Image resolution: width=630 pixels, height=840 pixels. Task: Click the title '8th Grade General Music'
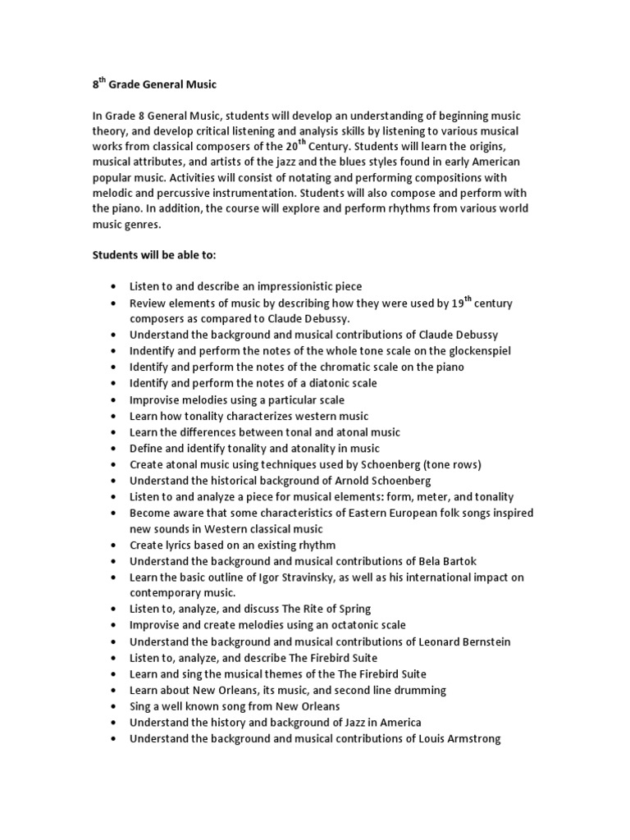[153, 84]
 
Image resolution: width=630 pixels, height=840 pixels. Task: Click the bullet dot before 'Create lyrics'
[112, 546]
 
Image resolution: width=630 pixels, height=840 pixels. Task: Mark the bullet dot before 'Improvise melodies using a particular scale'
[112, 400]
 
